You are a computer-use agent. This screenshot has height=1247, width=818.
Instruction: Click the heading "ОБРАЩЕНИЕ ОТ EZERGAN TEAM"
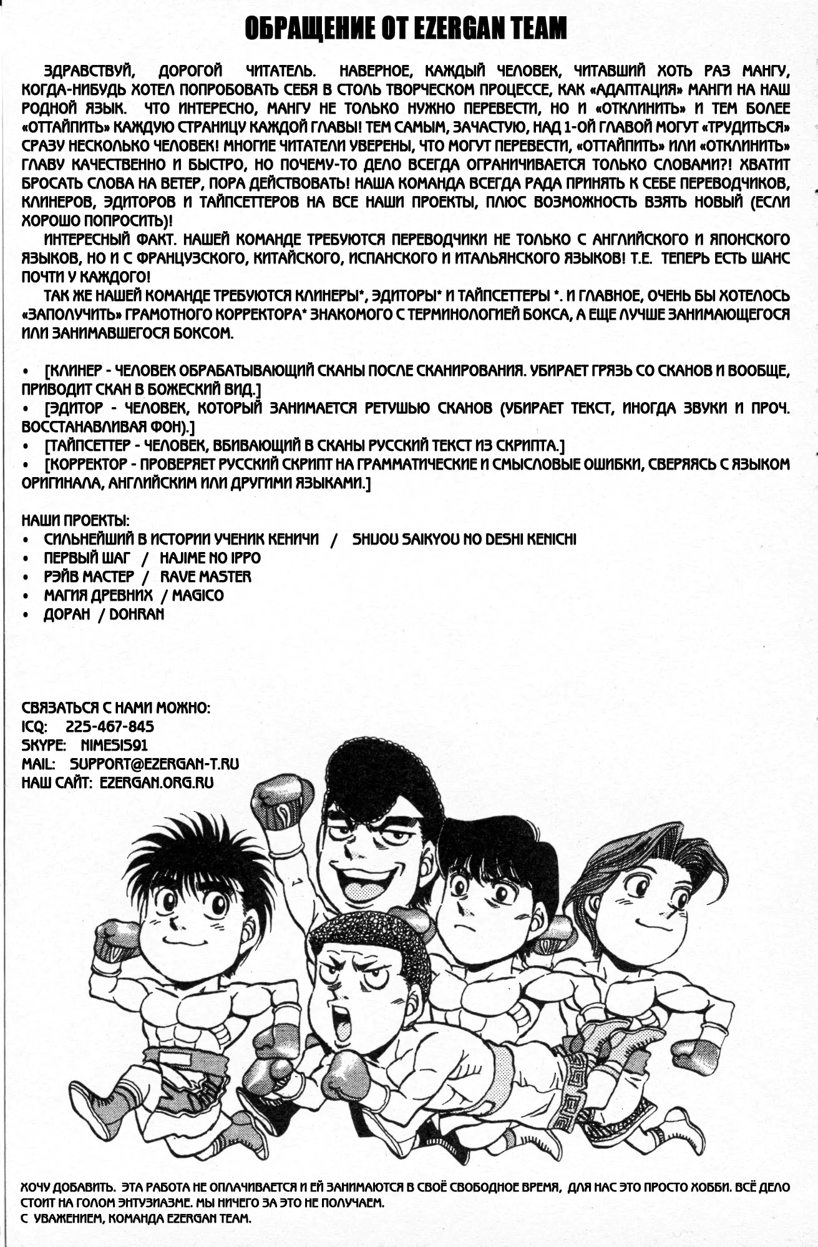point(406,29)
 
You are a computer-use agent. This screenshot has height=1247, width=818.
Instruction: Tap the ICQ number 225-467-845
point(109,726)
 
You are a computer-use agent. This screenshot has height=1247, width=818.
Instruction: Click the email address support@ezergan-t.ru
point(154,764)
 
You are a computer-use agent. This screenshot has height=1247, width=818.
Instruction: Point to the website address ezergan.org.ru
point(156,782)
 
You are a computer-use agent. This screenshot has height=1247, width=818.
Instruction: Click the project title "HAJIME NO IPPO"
point(210,558)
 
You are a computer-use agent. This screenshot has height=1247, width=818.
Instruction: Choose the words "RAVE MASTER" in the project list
point(205,576)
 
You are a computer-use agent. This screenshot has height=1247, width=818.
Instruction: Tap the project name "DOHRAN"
point(137,614)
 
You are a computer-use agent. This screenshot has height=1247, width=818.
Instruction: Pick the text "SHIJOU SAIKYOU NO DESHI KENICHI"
point(464,539)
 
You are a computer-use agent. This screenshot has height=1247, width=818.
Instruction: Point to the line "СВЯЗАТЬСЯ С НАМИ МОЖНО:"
point(116,707)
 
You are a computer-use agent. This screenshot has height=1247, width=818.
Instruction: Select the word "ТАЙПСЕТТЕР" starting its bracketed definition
point(87,446)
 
